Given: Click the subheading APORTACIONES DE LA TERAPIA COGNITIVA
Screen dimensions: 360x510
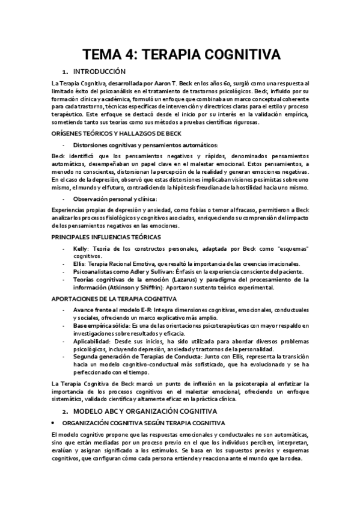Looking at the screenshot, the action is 114,299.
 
